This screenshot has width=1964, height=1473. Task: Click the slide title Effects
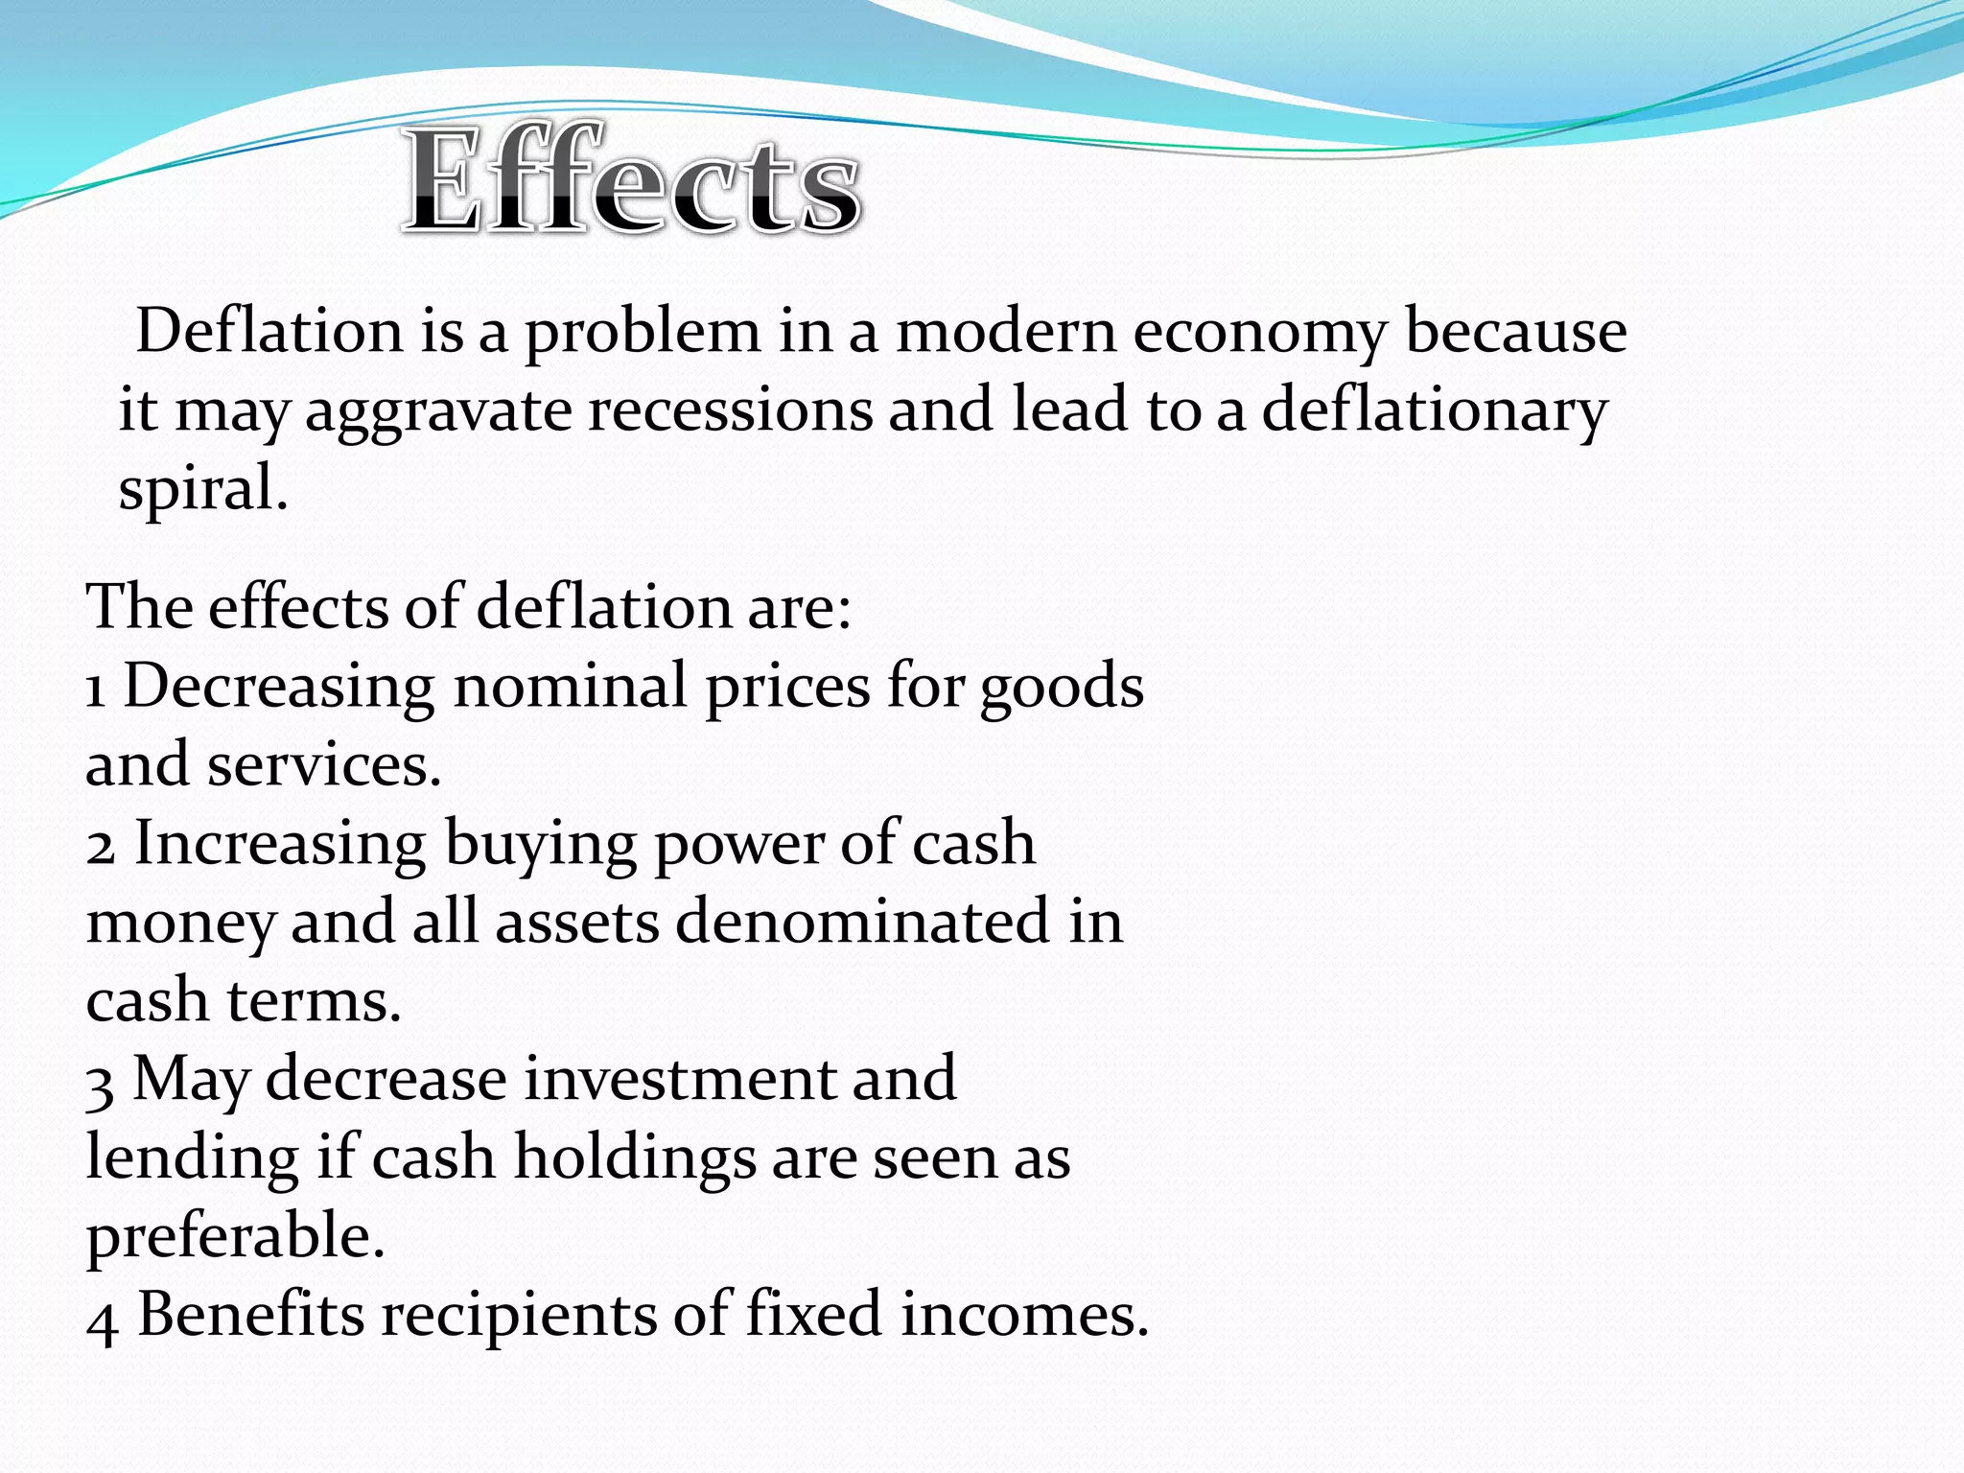[x=631, y=180]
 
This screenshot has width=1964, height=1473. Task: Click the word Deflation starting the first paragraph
[x=269, y=331]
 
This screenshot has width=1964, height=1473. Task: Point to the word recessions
[x=730, y=409]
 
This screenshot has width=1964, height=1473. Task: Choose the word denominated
[x=862, y=922]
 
